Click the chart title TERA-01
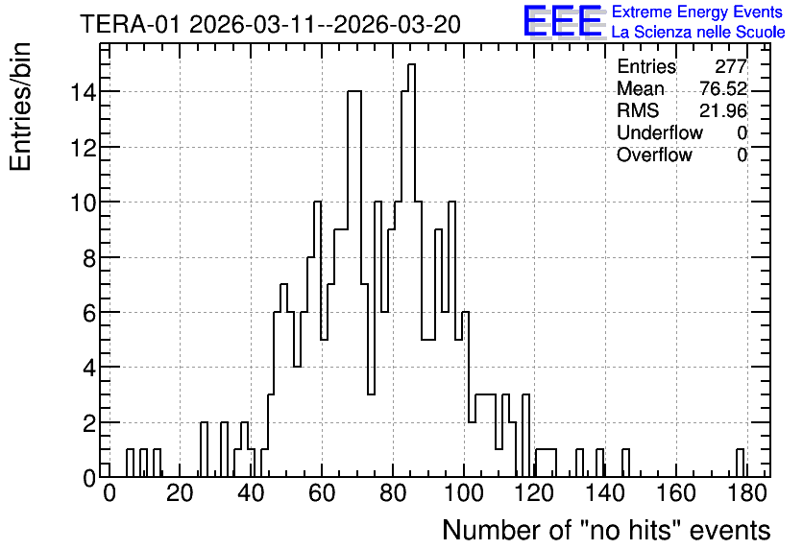[130, 25]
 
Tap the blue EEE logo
[563, 21]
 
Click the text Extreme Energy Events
[697, 12]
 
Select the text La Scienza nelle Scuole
[698, 33]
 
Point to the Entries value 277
[731, 66]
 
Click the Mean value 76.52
[723, 88]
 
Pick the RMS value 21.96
[723, 110]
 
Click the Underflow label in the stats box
[660, 132]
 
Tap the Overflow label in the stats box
[654, 155]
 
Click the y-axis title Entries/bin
[20, 107]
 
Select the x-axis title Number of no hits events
[606, 530]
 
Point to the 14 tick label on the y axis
[83, 92]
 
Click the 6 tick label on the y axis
[89, 313]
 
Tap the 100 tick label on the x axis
[464, 493]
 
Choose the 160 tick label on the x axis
[676, 493]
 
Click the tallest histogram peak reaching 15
[412, 64]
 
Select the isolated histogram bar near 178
[740, 450]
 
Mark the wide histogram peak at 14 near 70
[354, 91]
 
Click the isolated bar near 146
[626, 450]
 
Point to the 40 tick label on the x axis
[251, 493]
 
